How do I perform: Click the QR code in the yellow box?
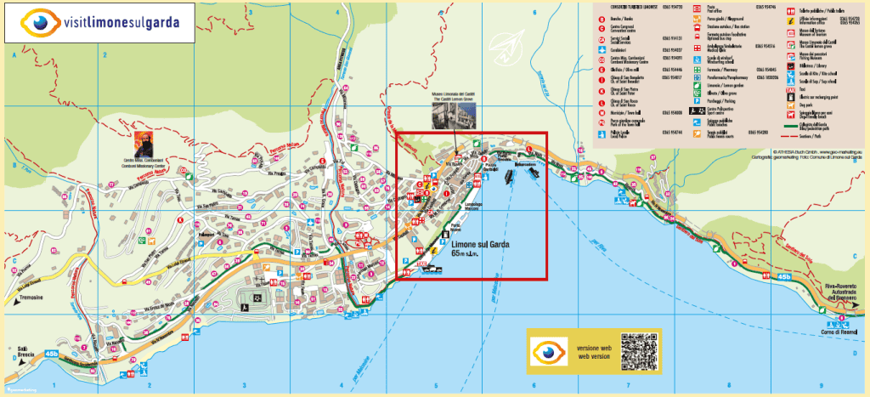tap(639, 351)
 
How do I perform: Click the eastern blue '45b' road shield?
tap(783, 277)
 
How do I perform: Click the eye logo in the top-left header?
tap(36, 22)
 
